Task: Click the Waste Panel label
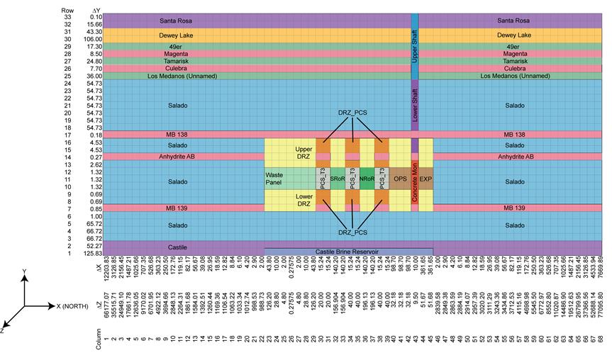[274, 179]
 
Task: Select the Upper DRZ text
[304, 154]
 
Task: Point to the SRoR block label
[338, 179]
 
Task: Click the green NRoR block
[367, 179]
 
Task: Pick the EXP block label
[425, 179]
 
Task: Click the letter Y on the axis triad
[25, 271]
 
